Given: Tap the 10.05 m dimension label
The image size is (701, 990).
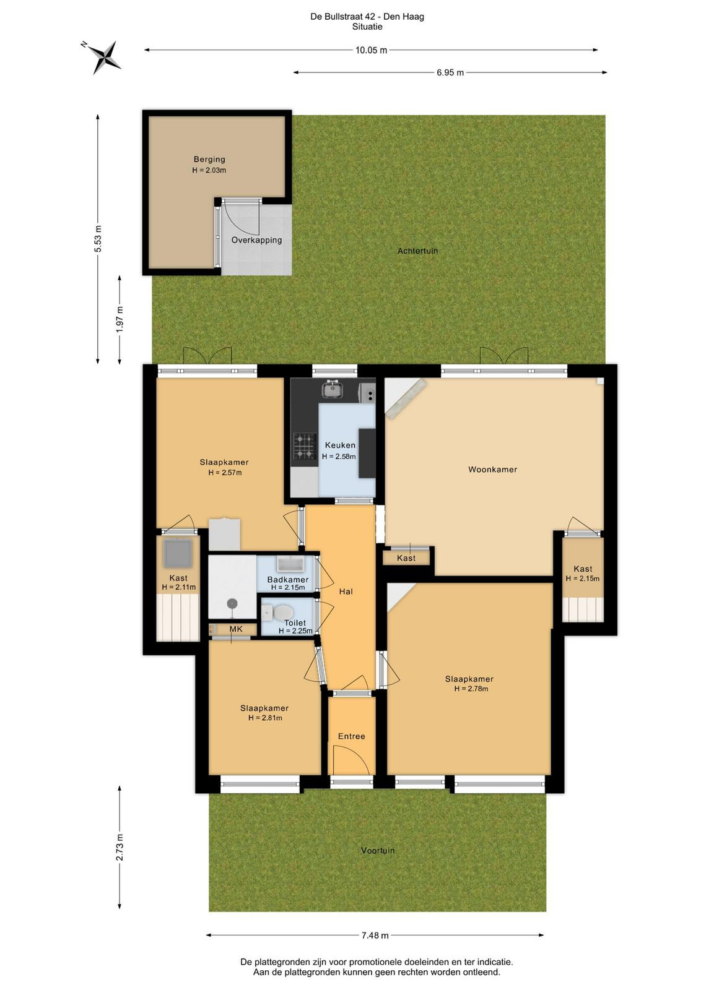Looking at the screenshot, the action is pos(371,50).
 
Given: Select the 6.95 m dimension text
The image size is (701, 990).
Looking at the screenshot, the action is pos(450,72).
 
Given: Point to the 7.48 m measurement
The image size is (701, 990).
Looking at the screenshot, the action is pos(375,935).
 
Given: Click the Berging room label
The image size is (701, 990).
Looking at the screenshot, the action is pos(209,159).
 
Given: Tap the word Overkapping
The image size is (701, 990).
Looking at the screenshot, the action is pos(256,240).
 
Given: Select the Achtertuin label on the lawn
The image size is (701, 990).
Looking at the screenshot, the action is pos(417,251).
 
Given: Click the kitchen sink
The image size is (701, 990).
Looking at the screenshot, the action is pos(333,389).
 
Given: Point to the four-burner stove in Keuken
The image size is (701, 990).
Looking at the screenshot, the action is pos(305,446).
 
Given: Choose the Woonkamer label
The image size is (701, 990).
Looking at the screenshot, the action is pos(493,470).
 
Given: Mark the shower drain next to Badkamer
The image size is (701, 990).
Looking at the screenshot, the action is pos(232,603).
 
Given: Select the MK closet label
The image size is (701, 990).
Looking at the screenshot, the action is pos(236,629).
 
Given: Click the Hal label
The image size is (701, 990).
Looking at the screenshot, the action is pos(346,592).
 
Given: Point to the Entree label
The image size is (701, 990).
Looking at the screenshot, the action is pos(352,736).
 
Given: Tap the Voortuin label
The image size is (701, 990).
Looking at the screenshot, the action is pos(378,850).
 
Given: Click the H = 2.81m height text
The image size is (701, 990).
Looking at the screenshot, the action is pos(265,718).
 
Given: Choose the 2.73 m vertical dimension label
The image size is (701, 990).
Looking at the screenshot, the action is pos(120,846).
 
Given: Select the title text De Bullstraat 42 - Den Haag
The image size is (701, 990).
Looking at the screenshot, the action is pos(367,17).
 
